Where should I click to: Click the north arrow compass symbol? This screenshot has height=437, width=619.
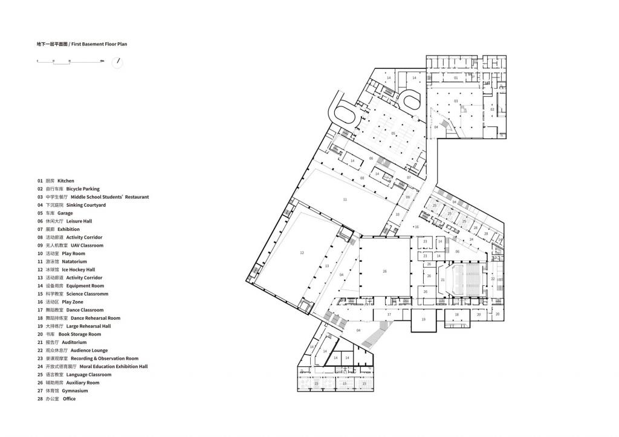[118, 62]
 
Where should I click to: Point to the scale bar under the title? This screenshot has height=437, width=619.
[70, 62]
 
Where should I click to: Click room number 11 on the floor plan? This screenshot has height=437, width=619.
[345, 199]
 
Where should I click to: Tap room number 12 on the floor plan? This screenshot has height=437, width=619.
[302, 253]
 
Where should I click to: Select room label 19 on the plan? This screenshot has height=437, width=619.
[423, 319]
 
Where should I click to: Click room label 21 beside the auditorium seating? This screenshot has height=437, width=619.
[442, 280]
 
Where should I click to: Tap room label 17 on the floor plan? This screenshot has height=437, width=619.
[389, 314]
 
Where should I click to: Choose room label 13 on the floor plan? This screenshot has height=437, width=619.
[326, 266]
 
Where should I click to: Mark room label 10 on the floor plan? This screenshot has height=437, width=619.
[397, 214]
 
